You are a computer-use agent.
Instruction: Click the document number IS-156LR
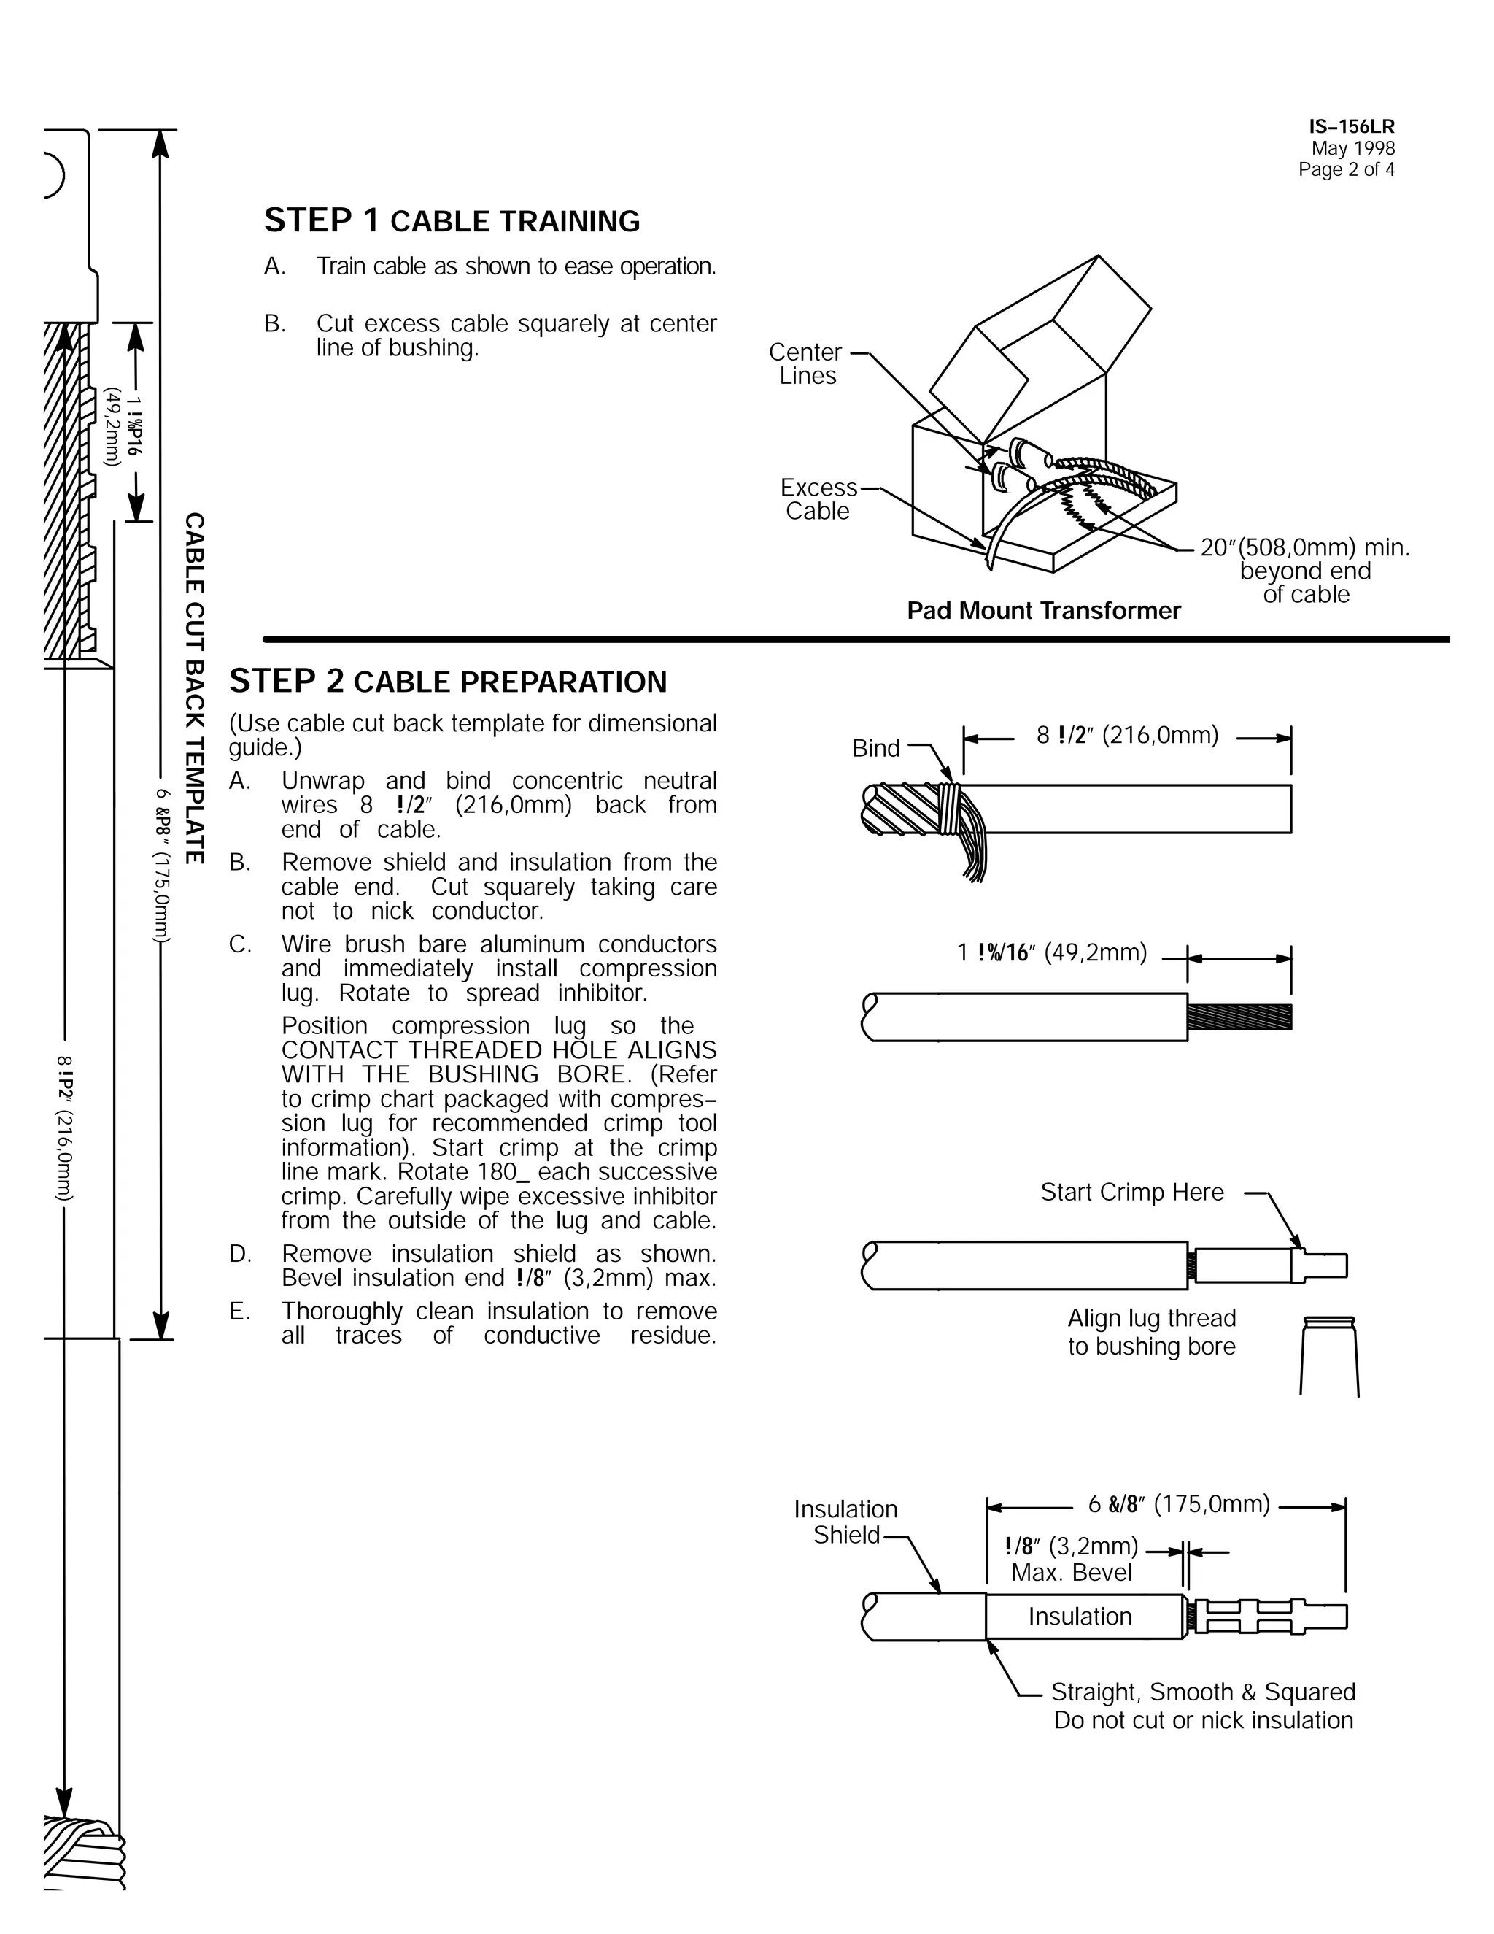pyautogui.click(x=1352, y=127)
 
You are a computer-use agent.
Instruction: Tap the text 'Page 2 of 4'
pyautogui.click(x=1345, y=170)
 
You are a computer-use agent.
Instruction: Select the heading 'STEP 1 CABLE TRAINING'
pyautogui.click(x=452, y=220)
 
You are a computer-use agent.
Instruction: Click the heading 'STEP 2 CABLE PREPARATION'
pyautogui.click(x=448, y=682)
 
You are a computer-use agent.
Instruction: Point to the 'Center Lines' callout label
pyautogui.click(x=805, y=364)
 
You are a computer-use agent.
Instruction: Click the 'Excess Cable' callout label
pyautogui.click(x=818, y=499)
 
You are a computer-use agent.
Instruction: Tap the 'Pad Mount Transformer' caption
pyautogui.click(x=1043, y=611)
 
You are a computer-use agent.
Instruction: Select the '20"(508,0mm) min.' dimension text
pyautogui.click(x=1304, y=547)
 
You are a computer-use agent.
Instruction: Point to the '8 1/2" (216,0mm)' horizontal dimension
pyautogui.click(x=1126, y=736)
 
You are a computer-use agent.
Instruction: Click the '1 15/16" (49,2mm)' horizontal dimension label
pyautogui.click(x=1051, y=953)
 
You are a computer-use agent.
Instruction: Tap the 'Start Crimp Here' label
pyautogui.click(x=1132, y=1193)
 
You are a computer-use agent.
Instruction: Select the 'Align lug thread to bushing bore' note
pyautogui.click(x=1150, y=1333)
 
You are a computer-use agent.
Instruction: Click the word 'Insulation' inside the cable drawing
pyautogui.click(x=1080, y=1617)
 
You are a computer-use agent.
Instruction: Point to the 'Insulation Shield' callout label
pyautogui.click(x=845, y=1522)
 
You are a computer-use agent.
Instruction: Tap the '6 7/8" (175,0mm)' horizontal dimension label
pyautogui.click(x=1178, y=1505)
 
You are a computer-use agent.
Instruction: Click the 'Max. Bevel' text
pyautogui.click(x=1071, y=1573)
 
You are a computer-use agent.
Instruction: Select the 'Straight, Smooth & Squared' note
pyautogui.click(x=1203, y=1692)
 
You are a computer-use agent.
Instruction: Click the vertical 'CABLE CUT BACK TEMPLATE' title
pyautogui.click(x=194, y=688)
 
